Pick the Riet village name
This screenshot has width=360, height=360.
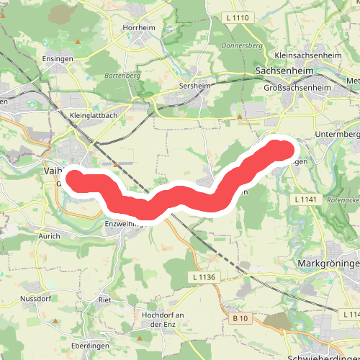(x=104, y=298)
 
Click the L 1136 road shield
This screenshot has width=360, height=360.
(x=205, y=277)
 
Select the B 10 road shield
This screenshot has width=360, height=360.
(x=240, y=318)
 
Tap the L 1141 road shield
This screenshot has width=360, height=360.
(x=306, y=198)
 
